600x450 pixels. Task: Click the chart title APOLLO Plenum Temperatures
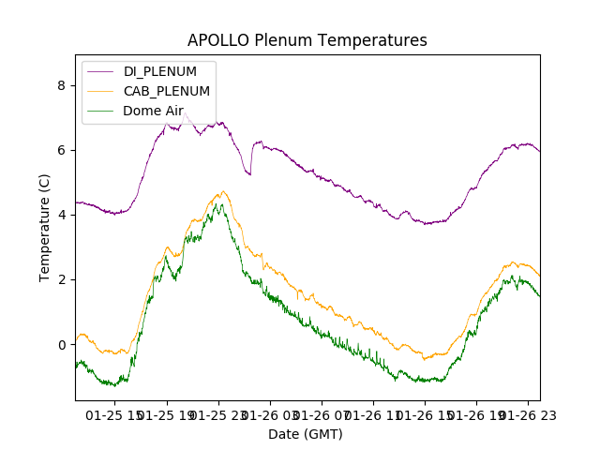[307, 40]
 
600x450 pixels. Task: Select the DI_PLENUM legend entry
[160, 71]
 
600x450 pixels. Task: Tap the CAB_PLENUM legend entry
[167, 91]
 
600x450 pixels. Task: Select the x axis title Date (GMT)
[306, 434]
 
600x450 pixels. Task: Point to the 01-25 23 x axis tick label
[217, 413]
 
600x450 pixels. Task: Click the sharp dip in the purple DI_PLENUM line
[249, 174]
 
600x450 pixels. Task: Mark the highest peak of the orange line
[222, 191]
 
